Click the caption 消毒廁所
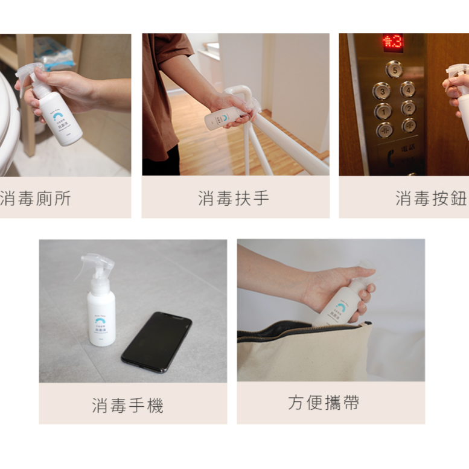(x=35, y=198)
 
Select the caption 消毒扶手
(x=234, y=198)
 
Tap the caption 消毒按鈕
(x=430, y=198)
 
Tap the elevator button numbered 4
(x=408, y=89)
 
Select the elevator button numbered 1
(x=383, y=111)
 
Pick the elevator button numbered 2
(x=409, y=108)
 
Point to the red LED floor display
(x=392, y=43)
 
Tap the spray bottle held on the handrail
(x=225, y=115)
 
